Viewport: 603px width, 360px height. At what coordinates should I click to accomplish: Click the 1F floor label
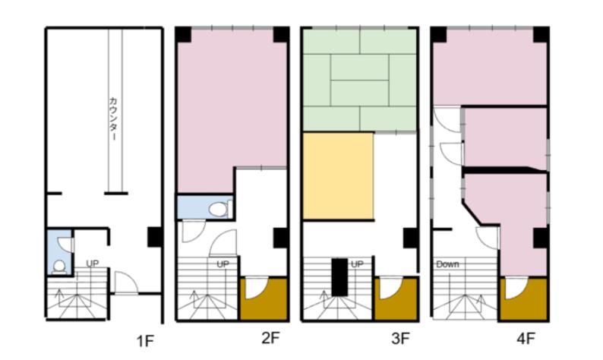[145, 341]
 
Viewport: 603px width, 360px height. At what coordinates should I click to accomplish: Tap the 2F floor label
[270, 339]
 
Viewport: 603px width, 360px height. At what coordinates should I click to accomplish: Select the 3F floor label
[400, 339]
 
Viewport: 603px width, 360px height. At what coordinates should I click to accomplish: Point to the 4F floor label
[526, 339]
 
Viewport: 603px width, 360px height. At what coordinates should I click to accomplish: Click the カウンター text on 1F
[113, 118]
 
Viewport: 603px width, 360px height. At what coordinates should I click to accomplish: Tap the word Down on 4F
[447, 264]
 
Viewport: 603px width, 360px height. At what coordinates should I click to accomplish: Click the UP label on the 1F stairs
[93, 264]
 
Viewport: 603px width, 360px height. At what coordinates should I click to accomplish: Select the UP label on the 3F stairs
[357, 264]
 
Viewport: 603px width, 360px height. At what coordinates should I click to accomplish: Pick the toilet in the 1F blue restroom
[59, 267]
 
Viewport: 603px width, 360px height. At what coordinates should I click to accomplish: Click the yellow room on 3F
[338, 176]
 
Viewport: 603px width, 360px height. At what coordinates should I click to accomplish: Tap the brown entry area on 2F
[264, 298]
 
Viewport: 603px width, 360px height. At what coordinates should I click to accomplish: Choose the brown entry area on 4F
[523, 298]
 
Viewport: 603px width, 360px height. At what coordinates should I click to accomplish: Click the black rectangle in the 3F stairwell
[339, 277]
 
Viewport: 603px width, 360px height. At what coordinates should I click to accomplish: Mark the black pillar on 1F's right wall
[155, 237]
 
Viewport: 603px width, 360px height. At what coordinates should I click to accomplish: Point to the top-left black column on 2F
[184, 35]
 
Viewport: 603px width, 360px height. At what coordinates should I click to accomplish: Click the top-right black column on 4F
[541, 35]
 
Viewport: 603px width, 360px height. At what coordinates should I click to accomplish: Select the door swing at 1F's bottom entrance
[127, 283]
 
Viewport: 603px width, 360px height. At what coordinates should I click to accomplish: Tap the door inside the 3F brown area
[390, 289]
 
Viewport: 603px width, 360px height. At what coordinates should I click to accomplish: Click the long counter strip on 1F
[115, 110]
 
